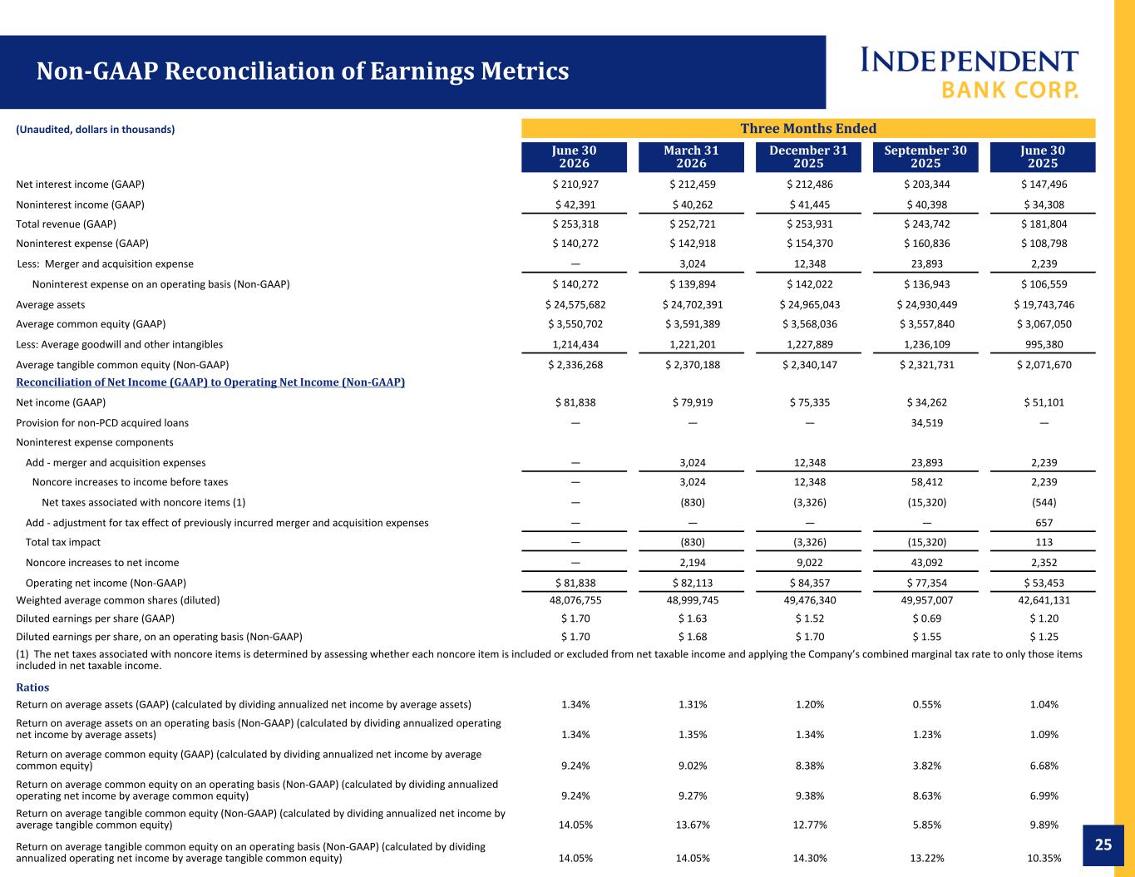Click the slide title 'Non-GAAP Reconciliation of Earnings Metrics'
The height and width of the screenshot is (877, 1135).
(x=303, y=71)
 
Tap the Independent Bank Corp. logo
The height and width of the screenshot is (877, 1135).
(x=969, y=73)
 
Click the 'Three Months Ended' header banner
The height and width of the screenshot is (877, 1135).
(x=808, y=128)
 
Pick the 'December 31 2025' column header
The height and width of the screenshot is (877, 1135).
(x=808, y=156)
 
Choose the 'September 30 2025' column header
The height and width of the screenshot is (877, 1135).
(x=925, y=156)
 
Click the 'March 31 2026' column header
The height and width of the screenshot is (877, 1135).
(x=691, y=156)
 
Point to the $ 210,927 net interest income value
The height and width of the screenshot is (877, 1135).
(x=575, y=185)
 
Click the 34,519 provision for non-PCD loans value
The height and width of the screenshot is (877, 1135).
(x=927, y=423)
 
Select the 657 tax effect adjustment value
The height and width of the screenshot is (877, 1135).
(x=1044, y=523)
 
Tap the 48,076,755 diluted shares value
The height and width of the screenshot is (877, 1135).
(x=575, y=600)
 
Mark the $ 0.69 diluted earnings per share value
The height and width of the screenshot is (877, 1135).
(x=927, y=618)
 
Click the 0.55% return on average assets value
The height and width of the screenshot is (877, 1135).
(x=927, y=705)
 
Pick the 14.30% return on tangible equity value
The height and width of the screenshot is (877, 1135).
(x=810, y=858)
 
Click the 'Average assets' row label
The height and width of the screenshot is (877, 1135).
(x=50, y=305)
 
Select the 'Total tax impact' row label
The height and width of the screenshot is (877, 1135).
(x=62, y=542)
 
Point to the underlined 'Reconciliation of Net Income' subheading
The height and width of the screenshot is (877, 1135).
(x=210, y=382)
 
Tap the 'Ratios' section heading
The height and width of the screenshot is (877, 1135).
(x=32, y=687)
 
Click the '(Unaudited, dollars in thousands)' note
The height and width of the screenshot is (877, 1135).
(x=95, y=130)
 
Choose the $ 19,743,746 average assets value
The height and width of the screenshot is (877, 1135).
(x=1044, y=305)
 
